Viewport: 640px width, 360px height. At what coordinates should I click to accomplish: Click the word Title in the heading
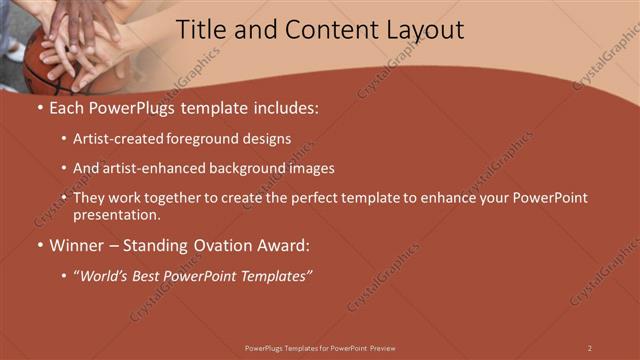tap(200, 30)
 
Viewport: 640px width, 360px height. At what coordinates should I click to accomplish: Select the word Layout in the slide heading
tap(424, 30)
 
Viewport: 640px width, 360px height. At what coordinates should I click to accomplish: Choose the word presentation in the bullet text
tap(116, 214)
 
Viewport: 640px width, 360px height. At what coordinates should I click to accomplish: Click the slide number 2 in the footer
tap(590, 348)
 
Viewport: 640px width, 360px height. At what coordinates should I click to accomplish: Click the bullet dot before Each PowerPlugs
tap(39, 107)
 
